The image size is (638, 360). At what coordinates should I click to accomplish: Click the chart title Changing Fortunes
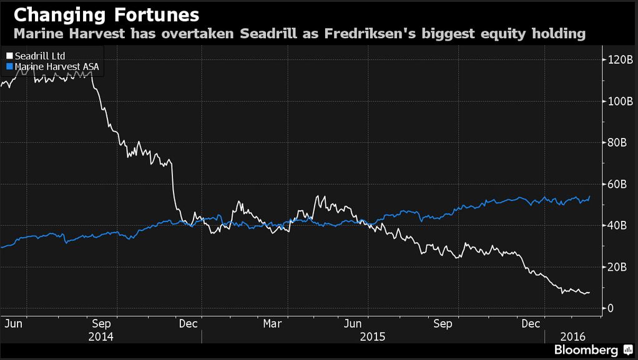[x=107, y=15]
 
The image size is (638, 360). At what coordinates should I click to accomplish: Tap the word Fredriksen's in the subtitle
[x=370, y=33]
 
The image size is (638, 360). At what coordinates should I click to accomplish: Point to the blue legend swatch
[x=10, y=66]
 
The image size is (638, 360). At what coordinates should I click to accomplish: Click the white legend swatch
[x=10, y=56]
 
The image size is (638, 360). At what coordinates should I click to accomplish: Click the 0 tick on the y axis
[x=610, y=308]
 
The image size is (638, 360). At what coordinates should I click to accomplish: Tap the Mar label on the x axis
[x=272, y=324]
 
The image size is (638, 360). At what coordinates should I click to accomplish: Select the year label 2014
[x=101, y=337]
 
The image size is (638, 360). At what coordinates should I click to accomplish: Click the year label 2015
[x=373, y=337]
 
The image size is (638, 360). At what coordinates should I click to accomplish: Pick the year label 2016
[x=573, y=337]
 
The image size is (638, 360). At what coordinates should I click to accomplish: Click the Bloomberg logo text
[x=586, y=350]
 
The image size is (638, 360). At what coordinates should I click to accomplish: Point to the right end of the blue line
[x=589, y=197]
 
